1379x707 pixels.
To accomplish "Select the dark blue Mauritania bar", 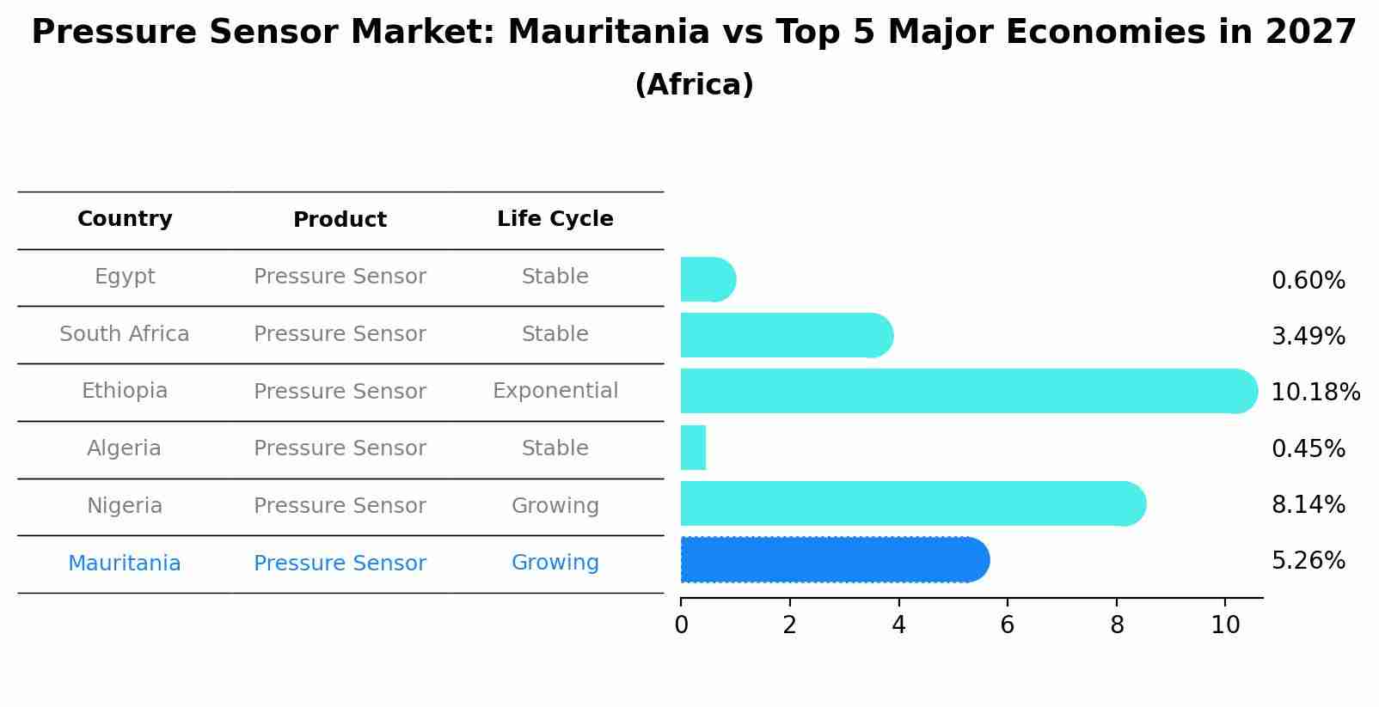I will pyautogui.click(x=834, y=560).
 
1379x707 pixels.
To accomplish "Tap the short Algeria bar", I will pyautogui.click(x=693, y=448).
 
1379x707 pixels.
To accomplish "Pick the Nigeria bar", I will pyautogui.click(x=911, y=503).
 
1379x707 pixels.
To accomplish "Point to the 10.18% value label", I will pyautogui.click(x=1315, y=393).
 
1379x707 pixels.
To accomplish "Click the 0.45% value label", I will pyautogui.click(x=1308, y=449).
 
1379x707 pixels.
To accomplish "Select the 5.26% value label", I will pyautogui.click(x=1308, y=561).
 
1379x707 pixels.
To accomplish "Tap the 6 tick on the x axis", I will pyautogui.click(x=1007, y=625).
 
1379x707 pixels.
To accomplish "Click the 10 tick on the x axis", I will pyautogui.click(x=1225, y=625).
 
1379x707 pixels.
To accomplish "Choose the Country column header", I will pyautogui.click(x=125, y=219).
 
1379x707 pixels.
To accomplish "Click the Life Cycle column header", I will pyautogui.click(x=555, y=219).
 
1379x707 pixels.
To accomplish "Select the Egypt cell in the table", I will pyautogui.click(x=125, y=277).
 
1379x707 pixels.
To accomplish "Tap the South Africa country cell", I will pyautogui.click(x=125, y=334).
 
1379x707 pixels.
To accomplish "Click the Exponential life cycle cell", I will pyautogui.click(x=555, y=391).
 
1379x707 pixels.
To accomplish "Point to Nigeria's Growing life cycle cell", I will pyautogui.click(x=555, y=506).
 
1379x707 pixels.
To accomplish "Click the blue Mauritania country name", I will pyautogui.click(x=125, y=564).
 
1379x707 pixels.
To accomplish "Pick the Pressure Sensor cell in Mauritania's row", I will pyautogui.click(x=340, y=564).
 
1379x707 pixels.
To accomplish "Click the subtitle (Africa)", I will pyautogui.click(x=694, y=85).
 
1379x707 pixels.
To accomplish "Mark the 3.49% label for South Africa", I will pyautogui.click(x=1308, y=337).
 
